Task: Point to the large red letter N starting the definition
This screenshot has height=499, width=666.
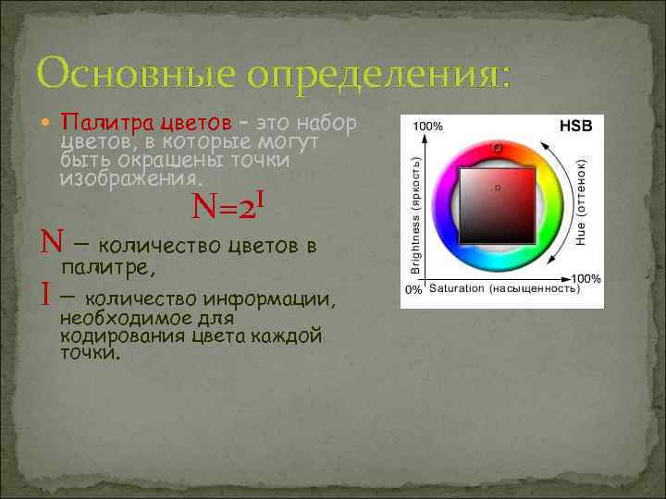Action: point(50,245)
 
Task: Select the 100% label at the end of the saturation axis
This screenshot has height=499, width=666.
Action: point(585,278)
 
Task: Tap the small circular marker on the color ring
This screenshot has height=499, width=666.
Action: point(497,147)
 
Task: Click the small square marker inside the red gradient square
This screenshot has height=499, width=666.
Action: point(498,188)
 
